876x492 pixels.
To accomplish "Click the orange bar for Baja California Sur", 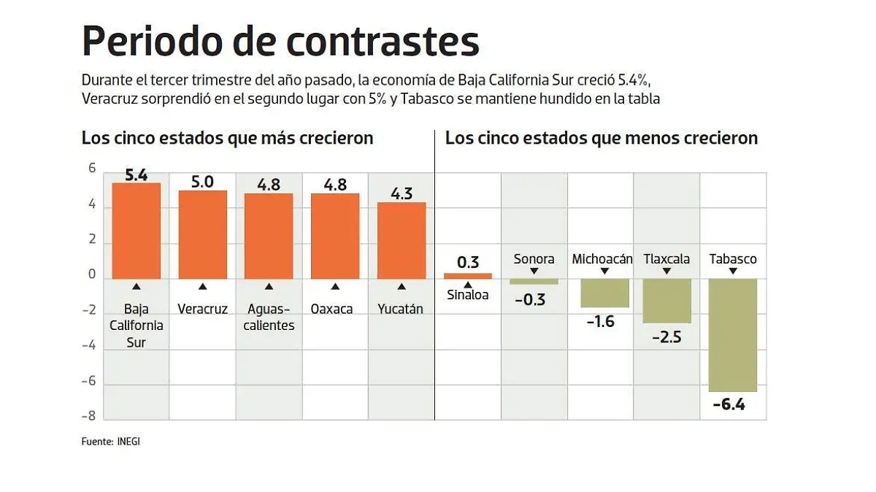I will click(x=136, y=231).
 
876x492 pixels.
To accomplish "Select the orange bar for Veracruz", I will click(x=202, y=234).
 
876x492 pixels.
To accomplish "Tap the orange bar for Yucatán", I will click(x=401, y=240).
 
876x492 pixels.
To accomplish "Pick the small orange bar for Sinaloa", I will click(x=468, y=276).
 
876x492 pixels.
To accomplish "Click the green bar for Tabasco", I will click(x=733, y=335).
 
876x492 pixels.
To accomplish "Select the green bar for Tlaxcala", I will click(x=666, y=301).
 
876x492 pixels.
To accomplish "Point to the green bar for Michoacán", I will click(x=604, y=293).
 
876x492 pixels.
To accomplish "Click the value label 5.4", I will click(x=136, y=175).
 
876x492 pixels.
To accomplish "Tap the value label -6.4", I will click(x=728, y=404).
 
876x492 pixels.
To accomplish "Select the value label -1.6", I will click(x=601, y=320).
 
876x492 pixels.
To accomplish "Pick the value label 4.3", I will click(x=401, y=194).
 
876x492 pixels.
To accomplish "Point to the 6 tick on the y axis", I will click(x=92, y=168).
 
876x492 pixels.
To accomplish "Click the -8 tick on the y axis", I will click(x=88, y=416).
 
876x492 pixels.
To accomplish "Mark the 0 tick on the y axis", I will click(x=92, y=274).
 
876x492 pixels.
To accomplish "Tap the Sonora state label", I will click(x=534, y=258).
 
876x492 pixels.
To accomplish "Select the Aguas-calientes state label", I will click(x=269, y=317).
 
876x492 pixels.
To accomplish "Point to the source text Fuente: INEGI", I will click(x=110, y=442).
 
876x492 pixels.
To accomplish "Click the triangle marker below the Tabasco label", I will click(x=733, y=272).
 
